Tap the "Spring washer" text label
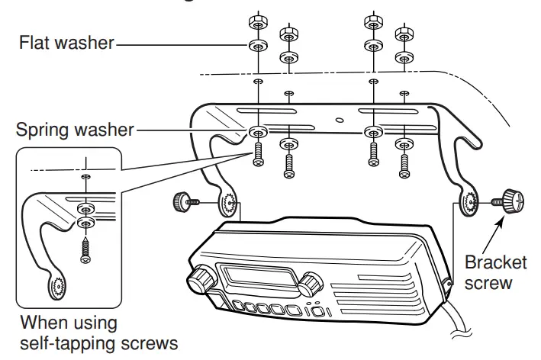(73, 130)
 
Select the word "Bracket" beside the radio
(497, 262)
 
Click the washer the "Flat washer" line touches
(258, 47)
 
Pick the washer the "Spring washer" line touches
(258, 131)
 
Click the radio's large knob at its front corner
(202, 280)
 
